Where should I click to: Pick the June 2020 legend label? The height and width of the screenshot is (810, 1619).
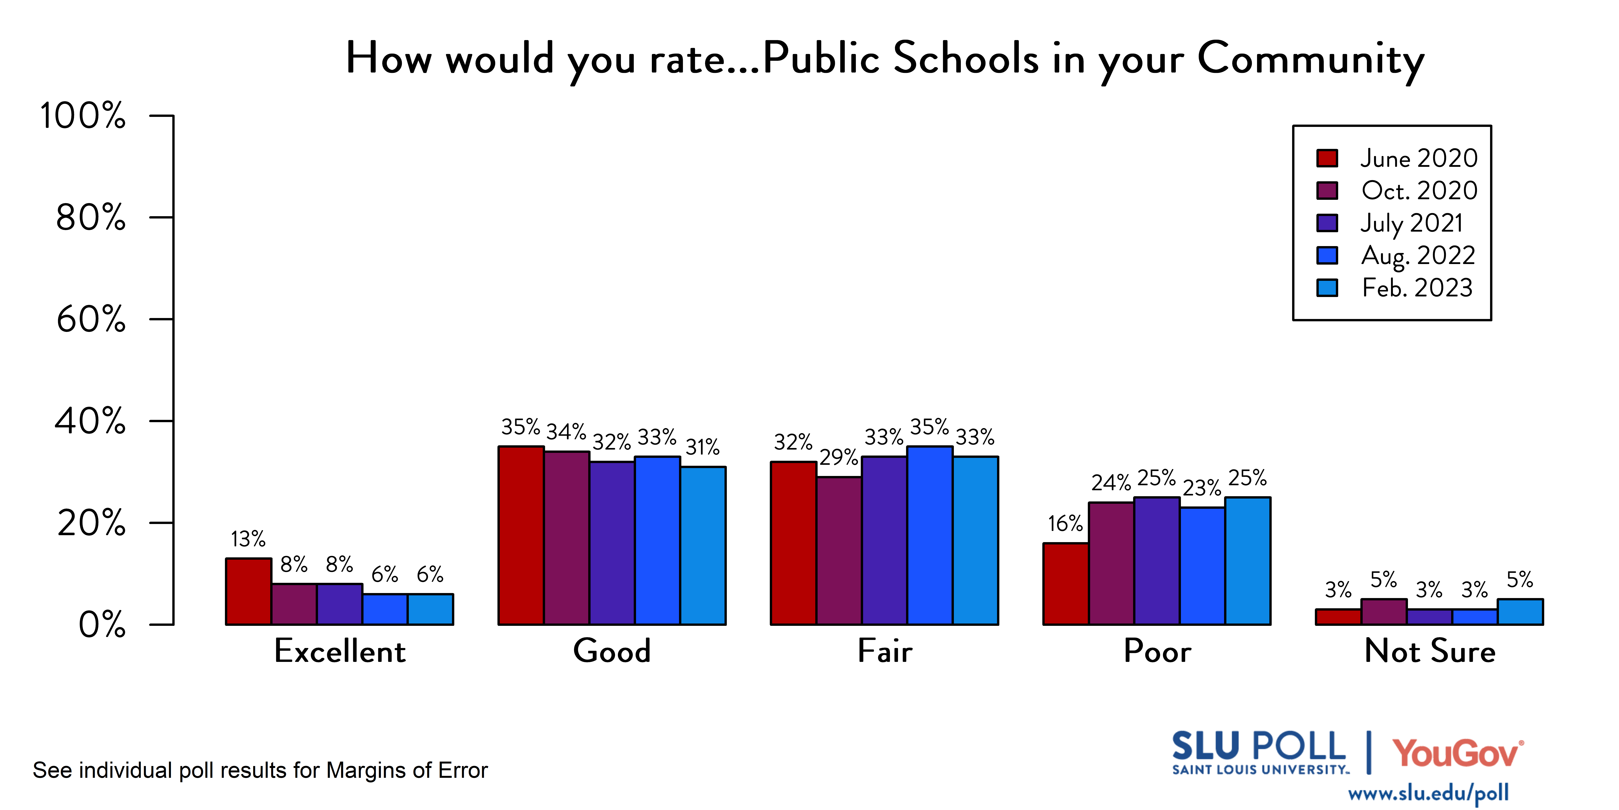pyautogui.click(x=1419, y=158)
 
